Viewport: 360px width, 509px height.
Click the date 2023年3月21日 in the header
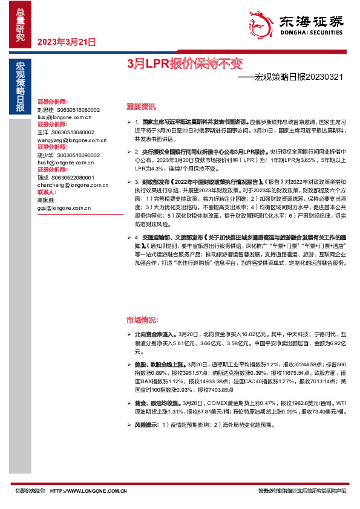pos(67,42)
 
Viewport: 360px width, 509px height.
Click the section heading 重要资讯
pos(141,106)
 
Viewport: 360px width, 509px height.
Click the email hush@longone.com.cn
pos(63,162)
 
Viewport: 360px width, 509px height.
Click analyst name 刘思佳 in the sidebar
pos(45,109)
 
